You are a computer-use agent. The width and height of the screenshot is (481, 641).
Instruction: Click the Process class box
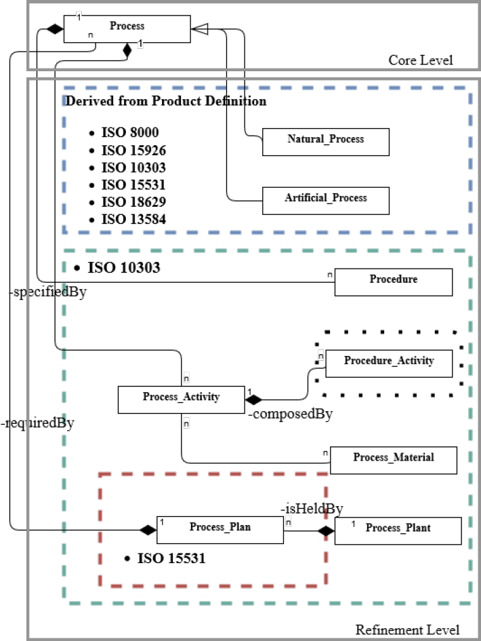tap(127, 29)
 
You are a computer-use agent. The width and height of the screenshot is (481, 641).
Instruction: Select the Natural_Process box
tap(325, 141)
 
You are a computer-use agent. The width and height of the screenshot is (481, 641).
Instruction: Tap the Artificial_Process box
tap(325, 200)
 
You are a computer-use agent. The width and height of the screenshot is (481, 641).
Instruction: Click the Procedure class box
tap(393, 281)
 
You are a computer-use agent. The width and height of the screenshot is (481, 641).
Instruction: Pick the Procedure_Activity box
tap(388, 363)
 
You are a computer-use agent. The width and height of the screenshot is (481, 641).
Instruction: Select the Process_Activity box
tap(181, 400)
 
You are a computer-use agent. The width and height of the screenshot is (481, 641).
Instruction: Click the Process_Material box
tap(393, 460)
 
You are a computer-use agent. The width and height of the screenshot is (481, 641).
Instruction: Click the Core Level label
tap(420, 60)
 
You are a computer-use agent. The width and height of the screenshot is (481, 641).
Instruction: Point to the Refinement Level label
tap(407, 629)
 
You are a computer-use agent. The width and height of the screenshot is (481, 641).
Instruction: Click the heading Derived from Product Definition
tap(165, 102)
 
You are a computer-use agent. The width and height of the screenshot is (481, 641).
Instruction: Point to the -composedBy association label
tap(289, 414)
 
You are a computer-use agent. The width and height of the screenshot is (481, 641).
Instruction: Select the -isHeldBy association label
tap(312, 509)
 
